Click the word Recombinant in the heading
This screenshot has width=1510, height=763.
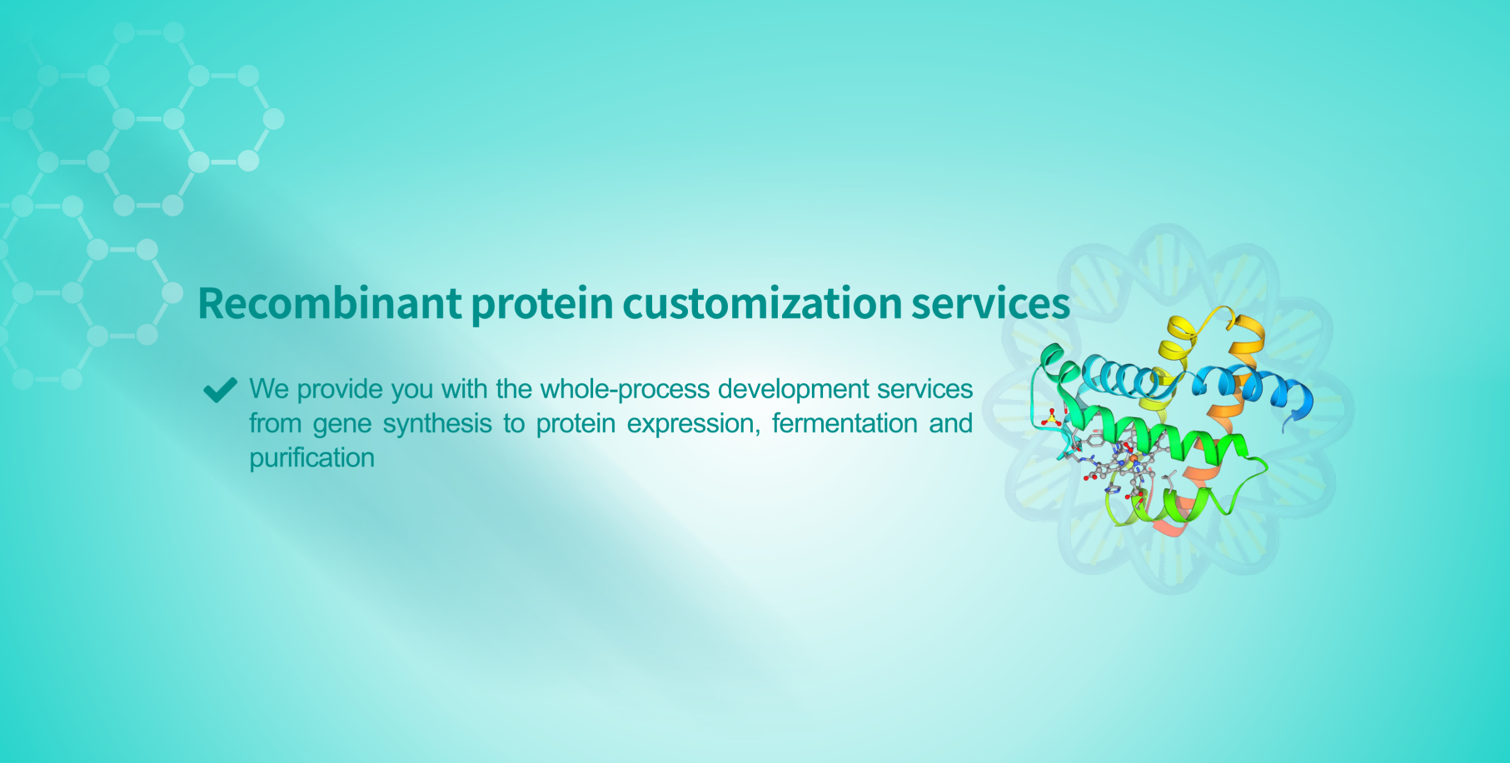click(x=330, y=303)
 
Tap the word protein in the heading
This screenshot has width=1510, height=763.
click(x=542, y=305)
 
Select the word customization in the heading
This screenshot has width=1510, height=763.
click(x=762, y=303)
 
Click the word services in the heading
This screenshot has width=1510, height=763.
click(x=990, y=305)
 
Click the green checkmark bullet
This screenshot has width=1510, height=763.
click(x=220, y=389)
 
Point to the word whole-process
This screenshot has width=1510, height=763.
click(x=625, y=389)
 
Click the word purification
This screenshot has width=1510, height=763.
click(x=312, y=458)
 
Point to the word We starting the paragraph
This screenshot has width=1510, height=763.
click(x=269, y=389)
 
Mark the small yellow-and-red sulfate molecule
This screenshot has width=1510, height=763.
click(x=1053, y=416)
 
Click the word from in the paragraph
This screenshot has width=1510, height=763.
click(x=275, y=423)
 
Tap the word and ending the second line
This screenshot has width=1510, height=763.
click(x=951, y=423)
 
